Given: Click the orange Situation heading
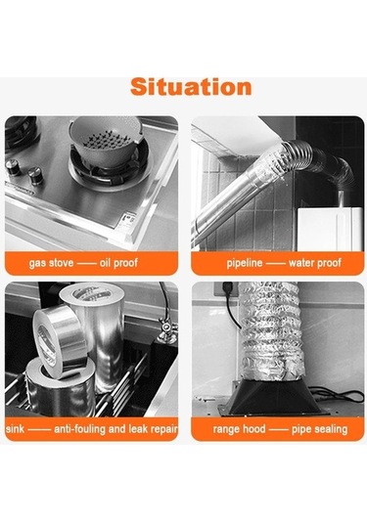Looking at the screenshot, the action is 191,87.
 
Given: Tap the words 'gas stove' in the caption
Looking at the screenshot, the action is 51,263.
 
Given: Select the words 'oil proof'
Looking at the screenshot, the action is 118,263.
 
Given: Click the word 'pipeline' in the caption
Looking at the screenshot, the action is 245,263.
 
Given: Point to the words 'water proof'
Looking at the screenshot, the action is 315,263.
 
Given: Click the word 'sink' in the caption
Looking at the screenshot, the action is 15,428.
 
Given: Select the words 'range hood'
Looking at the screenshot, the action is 239,429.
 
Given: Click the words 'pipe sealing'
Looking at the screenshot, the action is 320,429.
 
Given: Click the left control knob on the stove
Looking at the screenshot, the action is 13,167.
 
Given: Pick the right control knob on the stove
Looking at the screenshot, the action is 34,176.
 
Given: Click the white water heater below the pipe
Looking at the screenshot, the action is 330,229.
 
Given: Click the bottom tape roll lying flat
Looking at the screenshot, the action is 60,388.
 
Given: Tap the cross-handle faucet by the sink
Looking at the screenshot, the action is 166,328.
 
